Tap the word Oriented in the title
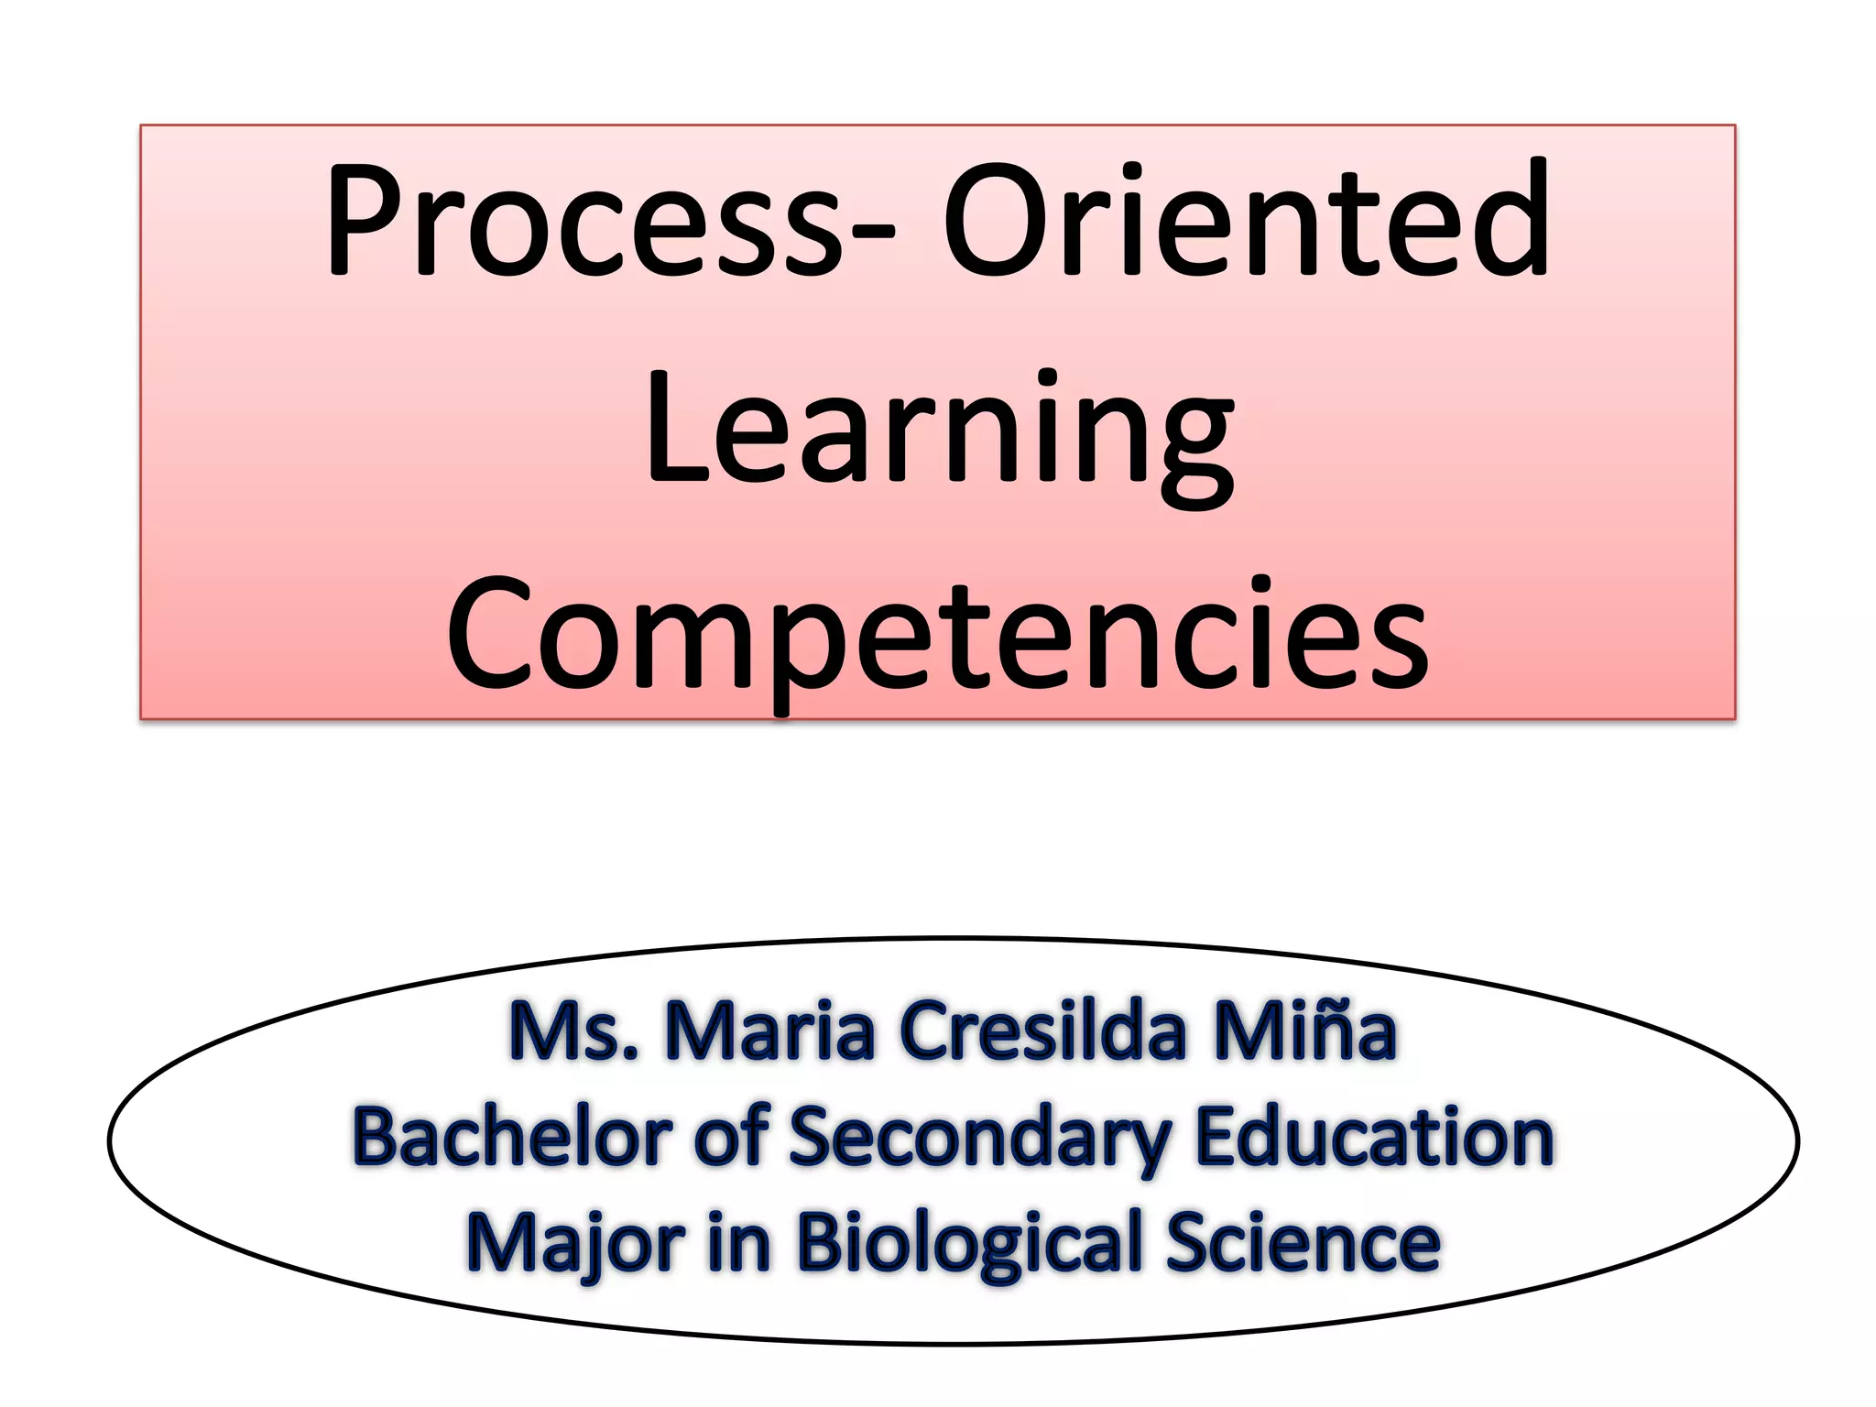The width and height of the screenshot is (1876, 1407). click(x=1246, y=220)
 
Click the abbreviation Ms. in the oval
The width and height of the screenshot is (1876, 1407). click(x=573, y=1031)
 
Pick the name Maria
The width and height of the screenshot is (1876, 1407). click(x=769, y=1031)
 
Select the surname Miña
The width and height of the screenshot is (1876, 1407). click(x=1305, y=1031)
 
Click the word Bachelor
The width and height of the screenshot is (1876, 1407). click(x=513, y=1137)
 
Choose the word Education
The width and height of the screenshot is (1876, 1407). click(x=1375, y=1137)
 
